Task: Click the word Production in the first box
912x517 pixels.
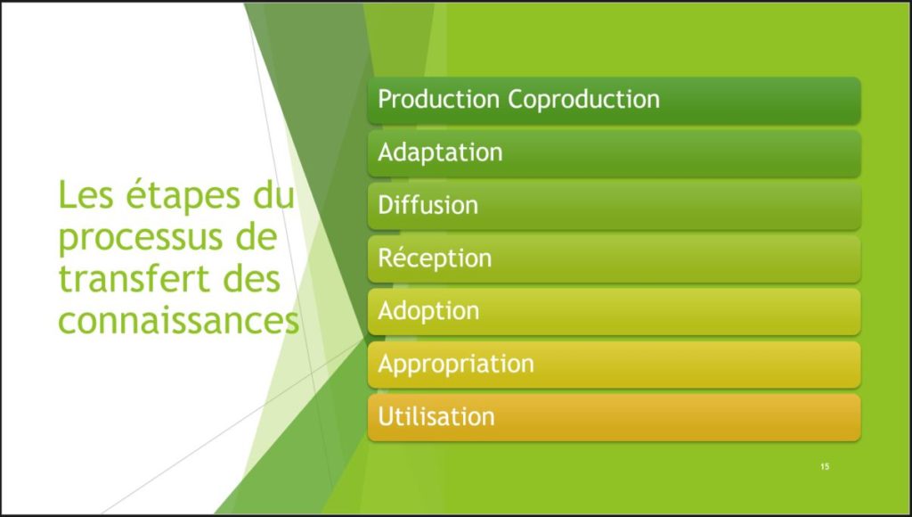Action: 438,98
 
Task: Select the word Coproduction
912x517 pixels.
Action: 584,100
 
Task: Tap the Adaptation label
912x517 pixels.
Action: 440,152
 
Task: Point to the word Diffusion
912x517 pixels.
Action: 428,205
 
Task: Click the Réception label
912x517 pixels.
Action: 435,258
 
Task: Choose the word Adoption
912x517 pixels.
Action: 428,311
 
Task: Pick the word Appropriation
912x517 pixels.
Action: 456,364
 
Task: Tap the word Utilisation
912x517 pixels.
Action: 436,416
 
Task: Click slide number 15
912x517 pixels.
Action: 825,466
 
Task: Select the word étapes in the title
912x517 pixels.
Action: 183,195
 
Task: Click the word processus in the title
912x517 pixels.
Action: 141,239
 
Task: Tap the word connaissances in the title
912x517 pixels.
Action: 178,321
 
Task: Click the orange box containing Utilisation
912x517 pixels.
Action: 615,417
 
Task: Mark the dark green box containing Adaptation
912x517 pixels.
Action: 615,153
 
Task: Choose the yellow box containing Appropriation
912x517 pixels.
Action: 615,365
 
